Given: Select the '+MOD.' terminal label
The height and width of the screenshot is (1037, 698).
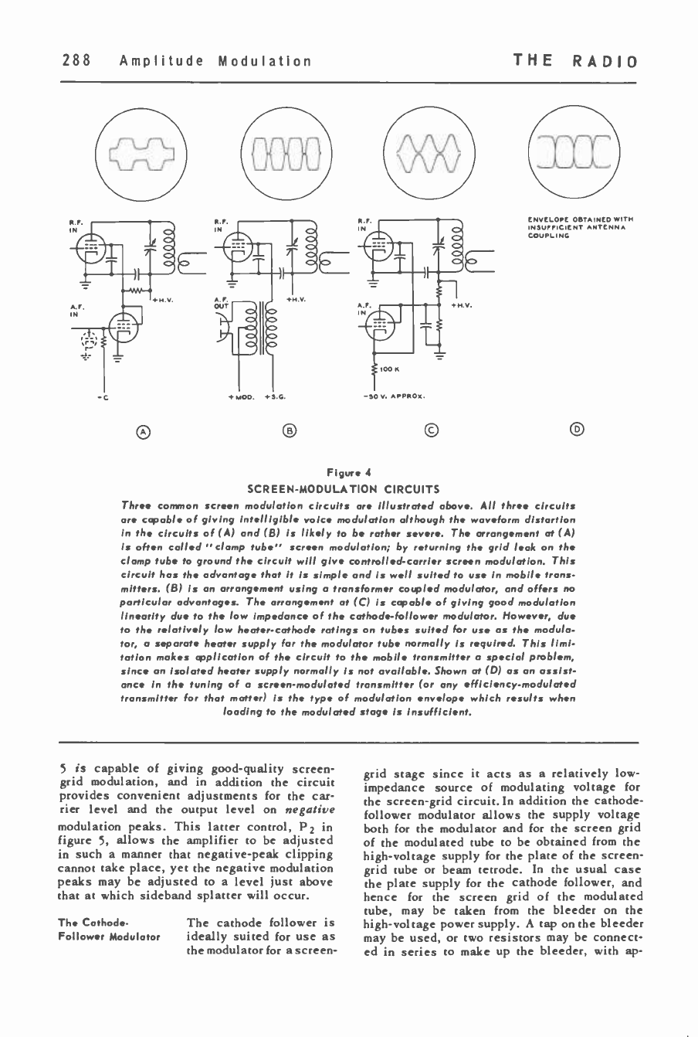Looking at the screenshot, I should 239,399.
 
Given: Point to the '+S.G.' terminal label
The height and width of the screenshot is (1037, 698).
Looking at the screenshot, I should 275,399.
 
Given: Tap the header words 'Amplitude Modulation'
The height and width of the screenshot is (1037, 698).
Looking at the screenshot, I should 216,61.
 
